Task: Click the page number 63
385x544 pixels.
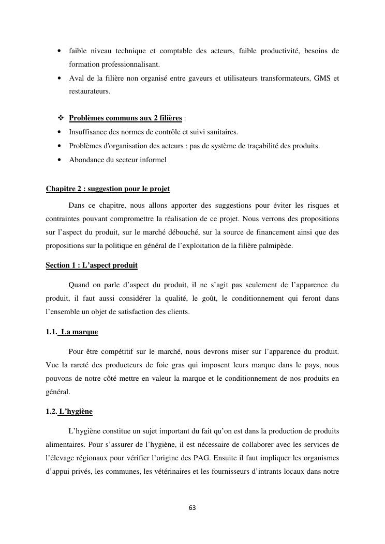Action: pyautogui.click(x=192, y=507)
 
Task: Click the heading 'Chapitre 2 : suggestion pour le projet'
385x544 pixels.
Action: pyautogui.click(x=108, y=189)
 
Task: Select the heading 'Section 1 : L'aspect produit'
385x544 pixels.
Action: pyautogui.click(x=92, y=266)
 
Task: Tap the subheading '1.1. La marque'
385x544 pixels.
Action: pyautogui.click(x=72, y=332)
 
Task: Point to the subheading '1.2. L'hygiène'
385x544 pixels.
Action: pyautogui.click(x=69, y=412)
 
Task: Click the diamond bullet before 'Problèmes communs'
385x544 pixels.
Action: pyautogui.click(x=61, y=118)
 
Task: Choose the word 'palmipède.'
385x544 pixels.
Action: pyautogui.click(x=275, y=246)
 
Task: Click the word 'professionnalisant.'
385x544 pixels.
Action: pyautogui.click(x=114, y=65)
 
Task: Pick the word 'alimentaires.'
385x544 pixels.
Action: pyautogui.click(x=65, y=444)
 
